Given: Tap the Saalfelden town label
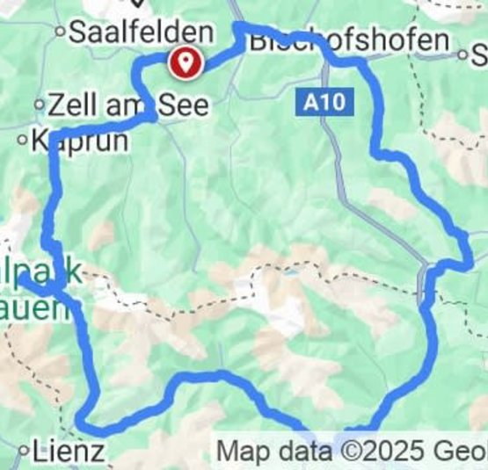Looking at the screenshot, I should (x=141, y=33).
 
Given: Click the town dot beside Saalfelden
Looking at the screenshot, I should (x=61, y=33).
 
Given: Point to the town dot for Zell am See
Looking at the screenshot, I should (x=40, y=105).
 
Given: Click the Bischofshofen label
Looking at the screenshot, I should (x=348, y=40).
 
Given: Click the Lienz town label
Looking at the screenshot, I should (x=69, y=452).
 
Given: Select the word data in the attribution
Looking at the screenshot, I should (x=302, y=452).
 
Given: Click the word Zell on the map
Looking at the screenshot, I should (x=72, y=105).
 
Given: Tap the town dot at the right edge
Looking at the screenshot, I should (x=463, y=54).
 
